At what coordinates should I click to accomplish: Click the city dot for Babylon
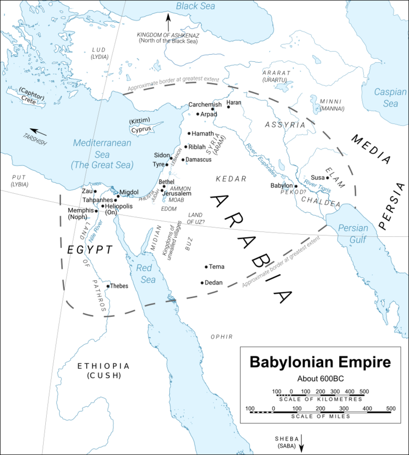pos(296,186)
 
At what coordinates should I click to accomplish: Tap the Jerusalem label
pos(177,193)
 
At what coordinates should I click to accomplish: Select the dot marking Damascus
pos(183,160)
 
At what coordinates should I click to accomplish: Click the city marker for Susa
pos(328,177)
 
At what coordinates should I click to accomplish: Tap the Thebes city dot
pos(108,286)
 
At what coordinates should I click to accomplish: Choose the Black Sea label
pos(195,6)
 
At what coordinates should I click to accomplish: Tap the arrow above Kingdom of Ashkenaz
pos(168,23)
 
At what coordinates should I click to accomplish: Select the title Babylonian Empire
pos(320,363)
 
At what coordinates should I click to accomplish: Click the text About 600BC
pos(320,379)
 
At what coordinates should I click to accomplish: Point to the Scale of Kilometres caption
pos(321,399)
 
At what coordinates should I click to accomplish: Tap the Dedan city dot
pos(202,283)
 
